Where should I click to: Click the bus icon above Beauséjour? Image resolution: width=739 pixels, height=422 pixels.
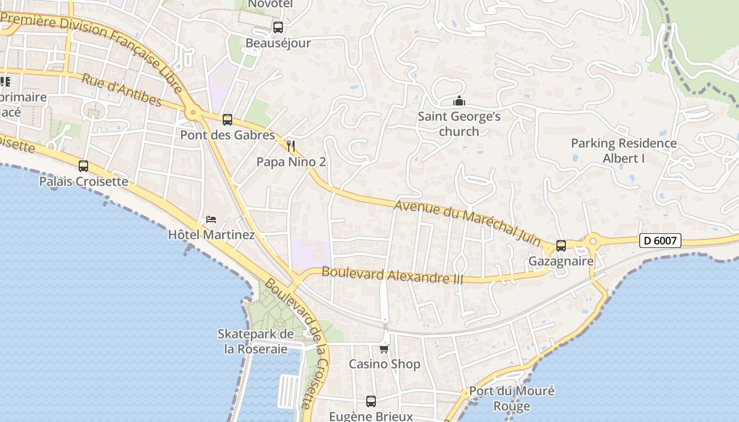pos(278,27)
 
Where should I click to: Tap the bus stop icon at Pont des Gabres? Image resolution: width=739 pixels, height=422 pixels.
pos(228,120)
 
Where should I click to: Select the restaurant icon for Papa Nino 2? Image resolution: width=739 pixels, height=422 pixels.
pos(291,146)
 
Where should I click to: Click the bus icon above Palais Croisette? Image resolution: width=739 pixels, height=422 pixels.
pos(83,166)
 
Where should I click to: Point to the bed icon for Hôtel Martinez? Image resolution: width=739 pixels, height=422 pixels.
pos(211,219)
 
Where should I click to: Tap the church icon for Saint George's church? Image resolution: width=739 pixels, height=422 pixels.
pos(459,101)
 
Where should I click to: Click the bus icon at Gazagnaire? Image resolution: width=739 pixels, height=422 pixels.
pos(561,246)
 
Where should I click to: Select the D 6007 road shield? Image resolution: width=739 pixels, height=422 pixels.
pos(660,241)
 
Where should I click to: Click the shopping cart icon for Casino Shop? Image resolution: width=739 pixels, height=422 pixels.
pos(384,349)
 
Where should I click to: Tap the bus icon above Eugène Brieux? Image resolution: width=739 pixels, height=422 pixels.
pos(371,401)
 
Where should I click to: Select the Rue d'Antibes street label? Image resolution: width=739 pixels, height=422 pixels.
pos(121,89)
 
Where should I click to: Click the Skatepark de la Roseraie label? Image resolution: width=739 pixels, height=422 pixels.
pos(255,341)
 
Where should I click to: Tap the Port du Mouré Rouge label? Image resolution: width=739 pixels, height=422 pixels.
pos(511,398)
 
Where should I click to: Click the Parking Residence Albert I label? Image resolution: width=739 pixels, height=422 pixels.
pos(623,150)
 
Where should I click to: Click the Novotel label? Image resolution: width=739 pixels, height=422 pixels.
pos(270,4)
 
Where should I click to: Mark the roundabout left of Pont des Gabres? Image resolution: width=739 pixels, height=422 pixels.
pos(193,112)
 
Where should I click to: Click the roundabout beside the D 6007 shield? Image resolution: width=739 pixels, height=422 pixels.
pos(592,242)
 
